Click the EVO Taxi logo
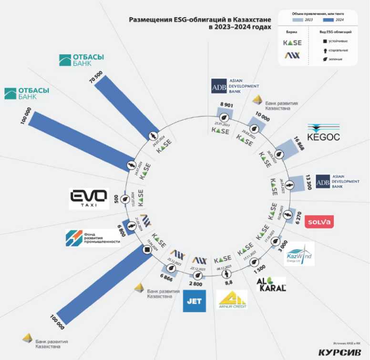[x=89, y=199]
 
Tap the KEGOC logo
[x=323, y=133]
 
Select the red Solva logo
[x=319, y=221]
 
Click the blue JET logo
[x=195, y=301]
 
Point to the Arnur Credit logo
[x=232, y=300]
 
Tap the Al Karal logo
[x=271, y=284]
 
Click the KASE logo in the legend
[x=293, y=42]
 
